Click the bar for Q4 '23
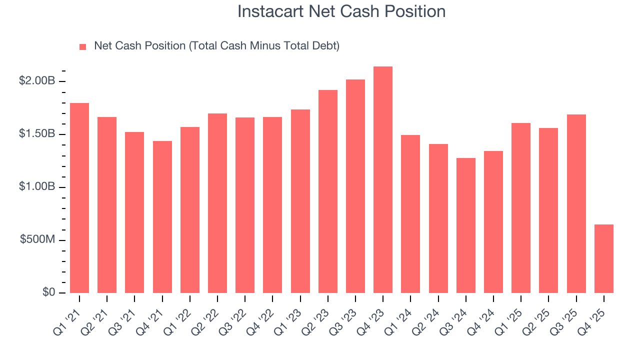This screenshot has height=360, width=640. point(383,180)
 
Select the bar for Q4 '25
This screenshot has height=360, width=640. point(604,259)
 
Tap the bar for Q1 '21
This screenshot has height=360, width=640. point(79,198)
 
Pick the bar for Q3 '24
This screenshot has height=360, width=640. point(465,225)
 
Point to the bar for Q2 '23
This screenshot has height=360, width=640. point(327,191)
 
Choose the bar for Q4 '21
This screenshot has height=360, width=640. point(162,217)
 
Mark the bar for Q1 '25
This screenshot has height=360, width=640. point(521,208)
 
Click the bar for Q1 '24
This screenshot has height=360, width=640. point(410,214)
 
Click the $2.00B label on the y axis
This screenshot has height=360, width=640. point(36,81)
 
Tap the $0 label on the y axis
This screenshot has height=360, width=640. point(48,292)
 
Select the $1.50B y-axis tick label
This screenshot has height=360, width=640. point(36,134)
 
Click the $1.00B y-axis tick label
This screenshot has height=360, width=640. point(36,186)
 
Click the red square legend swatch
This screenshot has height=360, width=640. point(83,46)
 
